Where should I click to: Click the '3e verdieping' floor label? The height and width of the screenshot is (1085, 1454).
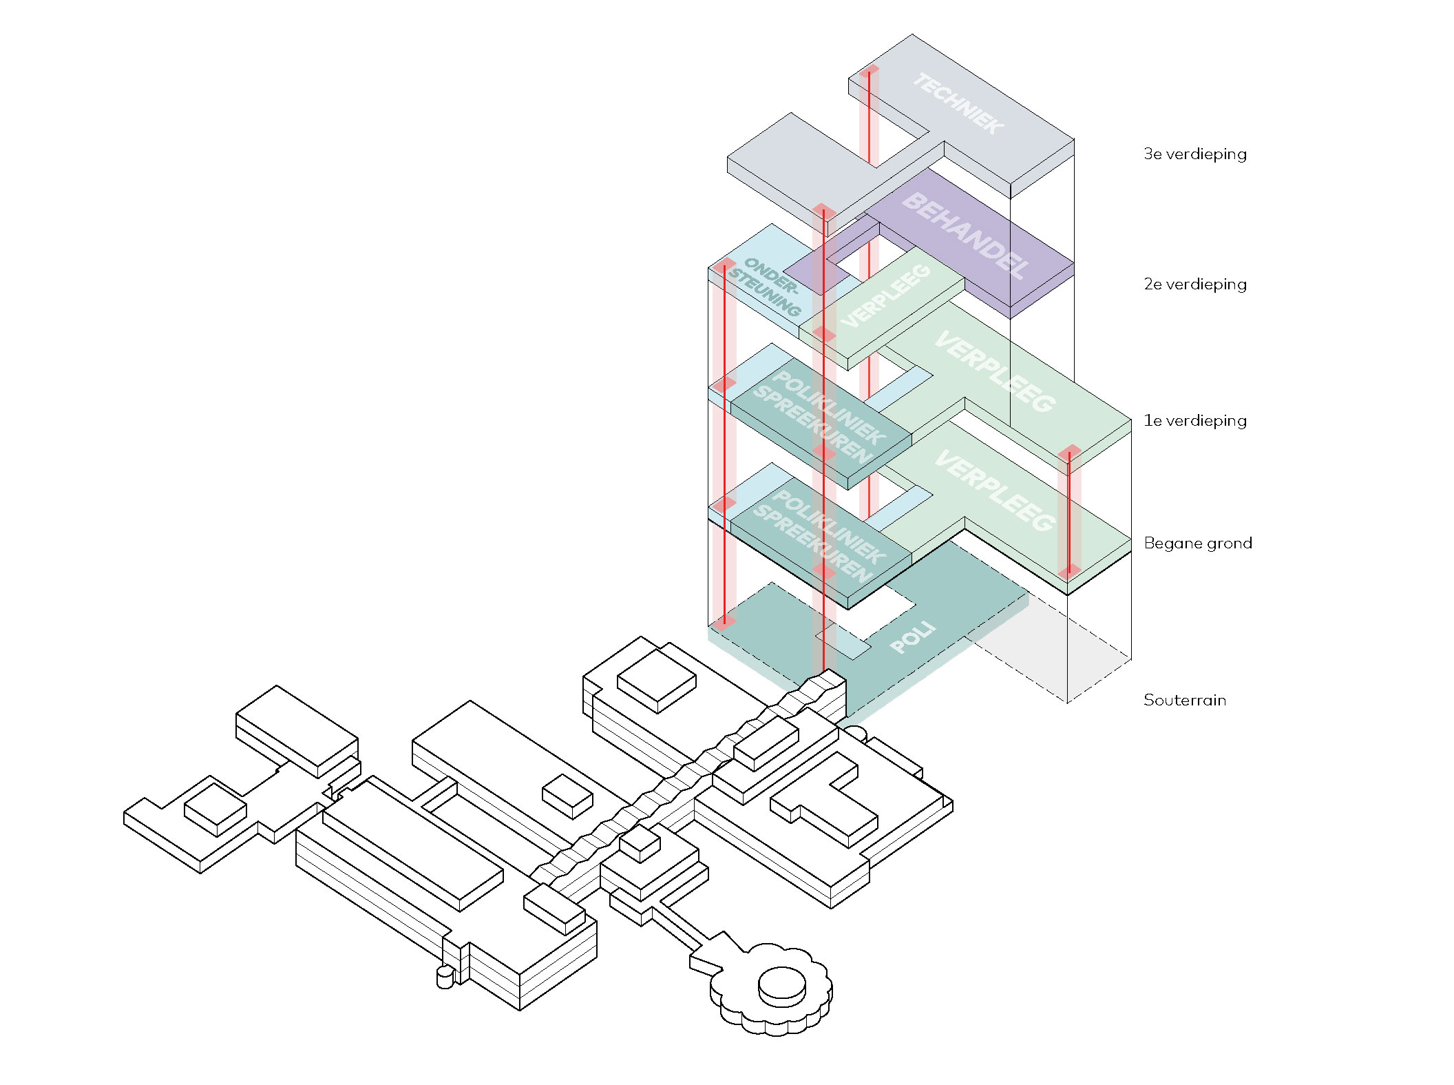coord(1194,154)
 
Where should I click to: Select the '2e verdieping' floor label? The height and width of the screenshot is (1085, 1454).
coord(1194,284)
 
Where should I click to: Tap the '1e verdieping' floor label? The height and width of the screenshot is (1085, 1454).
coord(1194,420)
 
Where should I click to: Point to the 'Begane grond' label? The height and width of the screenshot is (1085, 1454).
coord(1197,543)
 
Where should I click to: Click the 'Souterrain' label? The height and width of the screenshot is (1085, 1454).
coord(1184,700)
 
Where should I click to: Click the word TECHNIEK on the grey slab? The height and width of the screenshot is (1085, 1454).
coord(958,103)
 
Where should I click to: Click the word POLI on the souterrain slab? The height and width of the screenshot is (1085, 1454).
coord(913,637)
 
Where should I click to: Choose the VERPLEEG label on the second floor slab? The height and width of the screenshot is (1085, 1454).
coord(885,296)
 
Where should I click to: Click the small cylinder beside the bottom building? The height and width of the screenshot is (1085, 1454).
coord(445,977)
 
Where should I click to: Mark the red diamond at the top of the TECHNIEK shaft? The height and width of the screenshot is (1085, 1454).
coord(869,70)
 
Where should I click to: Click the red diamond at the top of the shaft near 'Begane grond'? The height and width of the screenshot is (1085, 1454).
coord(1069,453)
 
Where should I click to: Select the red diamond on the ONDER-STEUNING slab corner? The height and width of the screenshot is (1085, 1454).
coord(724,265)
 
